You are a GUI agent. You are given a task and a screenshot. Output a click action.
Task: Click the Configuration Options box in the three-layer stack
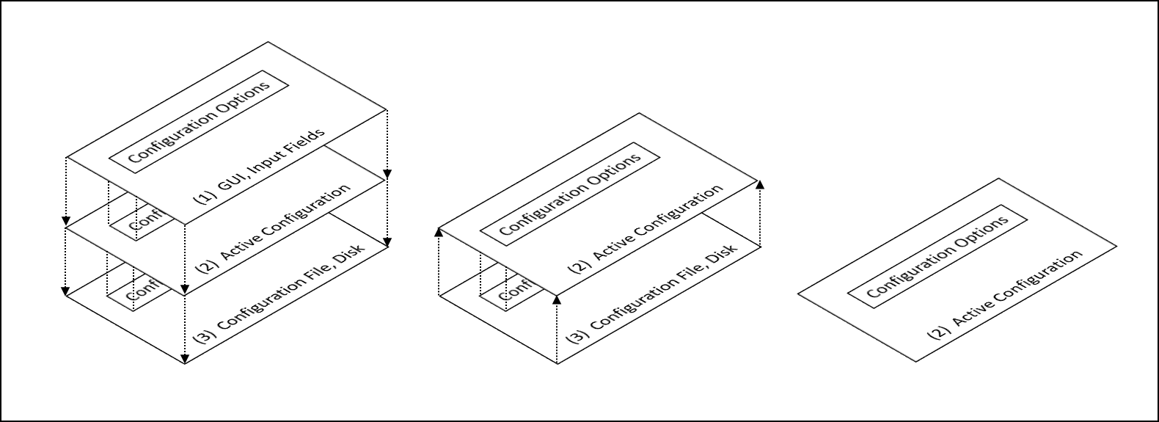pos(199,122)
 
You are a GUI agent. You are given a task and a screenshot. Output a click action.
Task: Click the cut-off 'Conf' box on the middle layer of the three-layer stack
pos(142,222)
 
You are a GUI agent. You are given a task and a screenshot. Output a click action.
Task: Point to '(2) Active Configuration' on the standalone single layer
pos(1005,296)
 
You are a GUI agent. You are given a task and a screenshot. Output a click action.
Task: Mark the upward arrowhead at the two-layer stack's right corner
pos(759,184)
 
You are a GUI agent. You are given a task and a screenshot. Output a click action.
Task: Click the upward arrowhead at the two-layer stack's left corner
pos(438,232)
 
